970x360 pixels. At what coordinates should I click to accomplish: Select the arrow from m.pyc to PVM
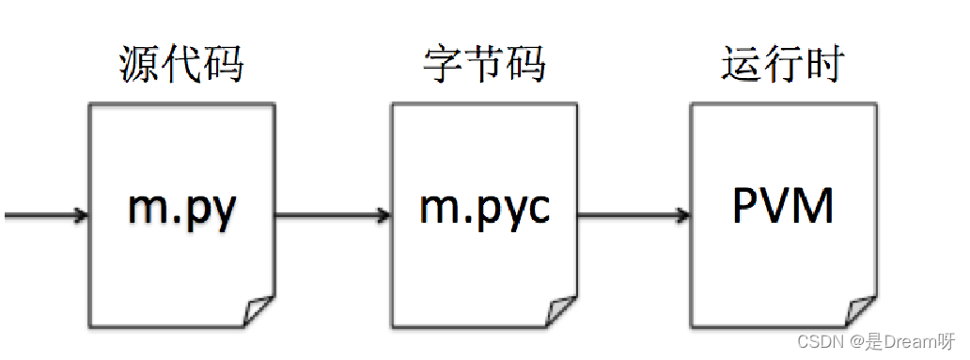point(632,215)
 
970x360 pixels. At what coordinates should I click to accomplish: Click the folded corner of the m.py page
point(258,311)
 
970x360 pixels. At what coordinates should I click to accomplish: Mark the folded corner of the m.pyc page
point(560,311)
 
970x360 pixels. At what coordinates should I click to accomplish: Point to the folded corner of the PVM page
point(860,311)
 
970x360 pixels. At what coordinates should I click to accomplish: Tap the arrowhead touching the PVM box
point(682,215)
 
